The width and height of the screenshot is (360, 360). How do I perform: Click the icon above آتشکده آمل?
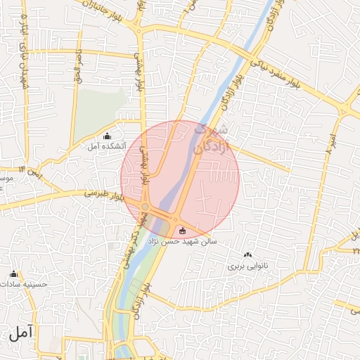point(107,136)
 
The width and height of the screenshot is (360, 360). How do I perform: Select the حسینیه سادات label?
point(25,285)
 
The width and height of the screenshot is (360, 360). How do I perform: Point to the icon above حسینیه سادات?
point(13,274)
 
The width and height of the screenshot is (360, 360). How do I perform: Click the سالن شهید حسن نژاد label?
point(182,241)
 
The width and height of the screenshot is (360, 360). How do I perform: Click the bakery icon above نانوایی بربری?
point(247,255)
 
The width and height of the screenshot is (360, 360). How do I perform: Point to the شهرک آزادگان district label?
point(211,139)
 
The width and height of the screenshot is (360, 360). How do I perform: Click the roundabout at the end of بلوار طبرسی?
point(144,206)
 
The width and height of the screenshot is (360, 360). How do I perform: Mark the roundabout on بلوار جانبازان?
point(140,30)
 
